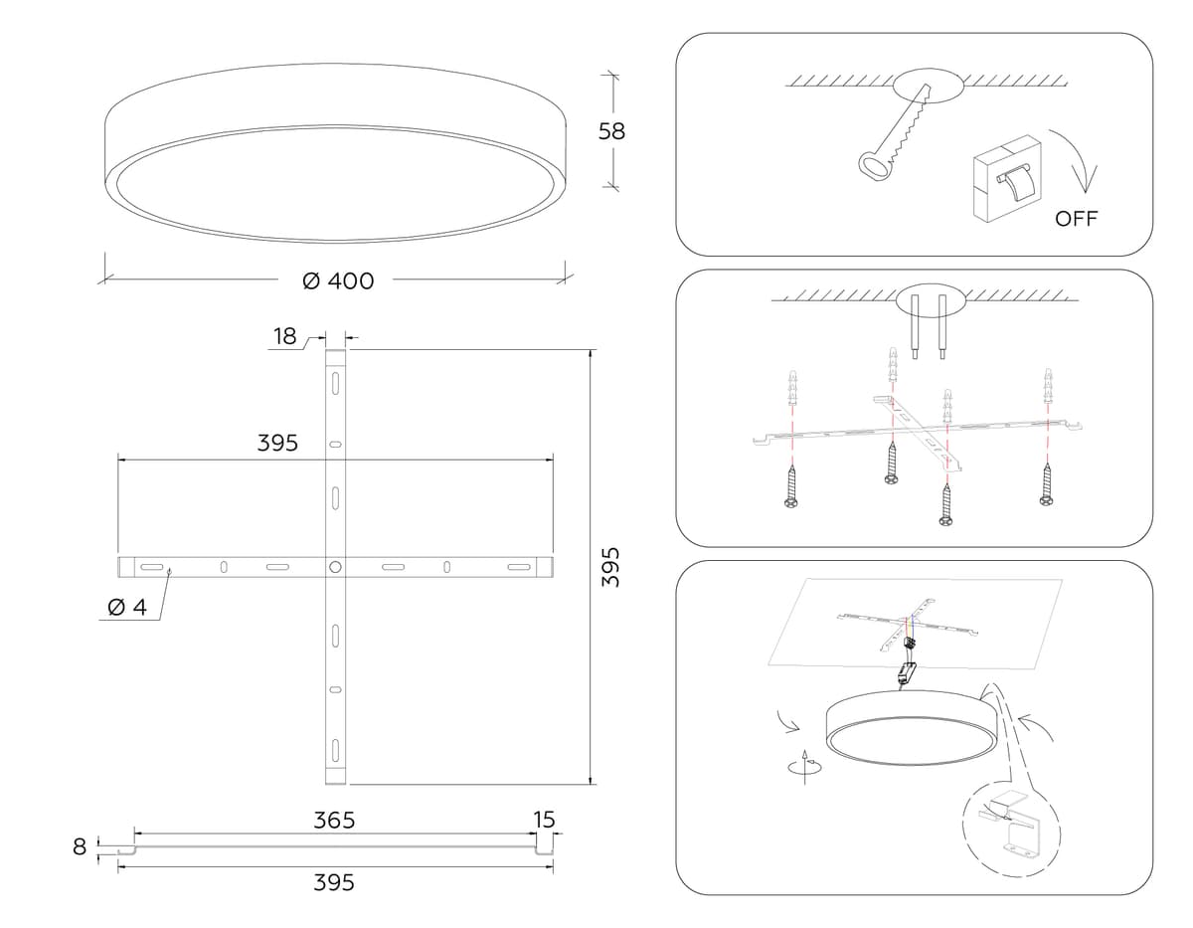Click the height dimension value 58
coord(612,130)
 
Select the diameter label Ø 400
coord(338,281)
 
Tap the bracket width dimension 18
coord(285,336)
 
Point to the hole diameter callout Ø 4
coord(126,608)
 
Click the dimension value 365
coord(334,821)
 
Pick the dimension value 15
coord(544,821)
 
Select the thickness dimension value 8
coord(81,847)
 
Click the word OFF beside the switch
coord(1077,219)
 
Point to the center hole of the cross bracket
coord(335,566)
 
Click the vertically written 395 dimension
coord(612,565)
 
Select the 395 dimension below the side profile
coord(334,882)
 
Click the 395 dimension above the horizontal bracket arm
coord(277,444)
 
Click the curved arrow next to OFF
coord(1079,159)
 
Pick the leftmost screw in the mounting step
coord(791,490)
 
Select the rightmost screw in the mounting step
coord(1047,487)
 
